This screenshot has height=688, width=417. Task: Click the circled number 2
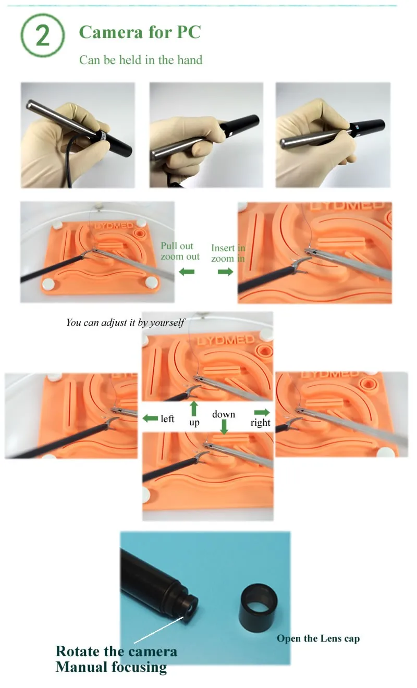[x=43, y=35]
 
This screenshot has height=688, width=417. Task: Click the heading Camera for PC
[x=140, y=32]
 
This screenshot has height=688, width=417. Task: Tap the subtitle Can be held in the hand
[x=141, y=60]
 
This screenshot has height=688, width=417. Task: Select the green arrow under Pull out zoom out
[x=187, y=272]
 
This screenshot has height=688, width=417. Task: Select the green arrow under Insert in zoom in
[x=225, y=272]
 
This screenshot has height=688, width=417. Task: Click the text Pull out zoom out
[x=180, y=251]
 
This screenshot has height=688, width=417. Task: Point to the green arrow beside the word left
[x=150, y=418]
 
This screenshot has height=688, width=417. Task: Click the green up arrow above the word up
[x=193, y=409]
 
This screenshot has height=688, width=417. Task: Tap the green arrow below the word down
[x=224, y=427]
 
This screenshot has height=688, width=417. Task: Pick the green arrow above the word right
[x=262, y=412]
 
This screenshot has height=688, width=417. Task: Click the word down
[x=224, y=414]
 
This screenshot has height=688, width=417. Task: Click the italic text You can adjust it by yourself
[x=125, y=322]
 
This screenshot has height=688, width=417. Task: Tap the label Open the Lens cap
[x=318, y=638]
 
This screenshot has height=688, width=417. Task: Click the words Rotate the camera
[x=116, y=651]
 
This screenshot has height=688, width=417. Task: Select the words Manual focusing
[x=111, y=667]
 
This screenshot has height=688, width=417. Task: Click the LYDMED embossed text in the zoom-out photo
[x=114, y=226]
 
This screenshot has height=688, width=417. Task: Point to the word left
[x=167, y=419]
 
